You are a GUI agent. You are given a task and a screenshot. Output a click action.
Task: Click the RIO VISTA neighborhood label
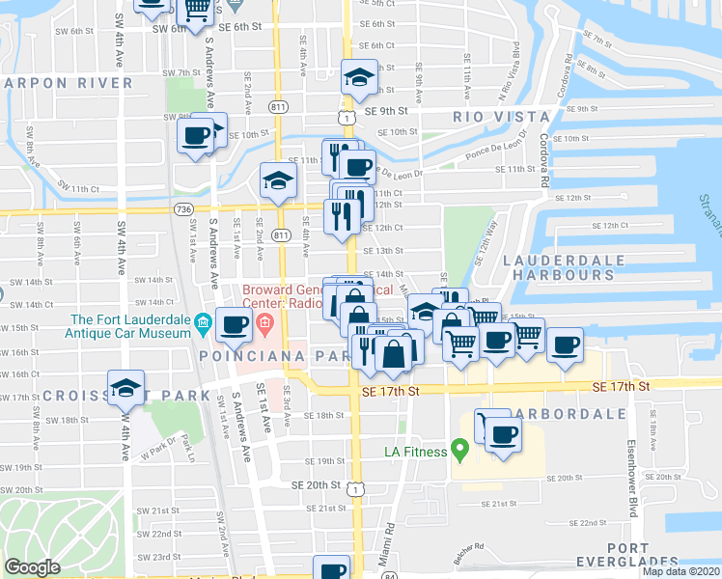coord(493,116)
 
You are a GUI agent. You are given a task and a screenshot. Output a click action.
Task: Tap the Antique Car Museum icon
coord(202,320)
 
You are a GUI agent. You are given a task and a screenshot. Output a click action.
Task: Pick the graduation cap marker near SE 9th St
coord(360,76)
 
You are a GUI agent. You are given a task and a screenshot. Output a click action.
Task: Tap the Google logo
coord(32,567)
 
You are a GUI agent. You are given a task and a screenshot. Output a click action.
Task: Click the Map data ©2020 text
coord(681,571)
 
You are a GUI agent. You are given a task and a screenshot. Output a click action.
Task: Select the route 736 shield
coord(182,208)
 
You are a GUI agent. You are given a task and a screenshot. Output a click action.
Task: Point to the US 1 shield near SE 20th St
coord(356,490)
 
